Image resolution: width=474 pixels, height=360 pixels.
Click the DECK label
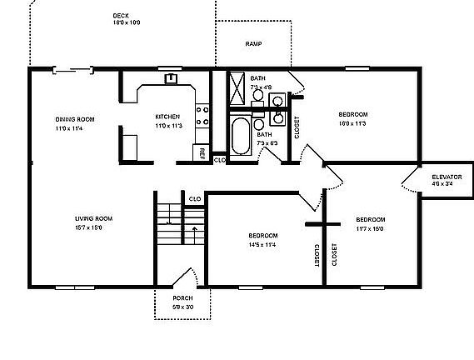(x=122, y=15)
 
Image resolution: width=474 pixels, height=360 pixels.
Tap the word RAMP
(x=253, y=43)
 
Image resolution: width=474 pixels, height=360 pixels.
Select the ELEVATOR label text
(x=447, y=177)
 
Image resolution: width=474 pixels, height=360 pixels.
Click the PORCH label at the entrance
(x=182, y=298)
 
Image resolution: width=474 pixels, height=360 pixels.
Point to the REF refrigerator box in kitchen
(x=202, y=152)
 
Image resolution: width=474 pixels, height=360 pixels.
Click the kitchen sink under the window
(x=170, y=79)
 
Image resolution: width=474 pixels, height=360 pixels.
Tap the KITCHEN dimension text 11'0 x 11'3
(x=167, y=125)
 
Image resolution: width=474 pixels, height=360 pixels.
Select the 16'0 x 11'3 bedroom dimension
(x=352, y=122)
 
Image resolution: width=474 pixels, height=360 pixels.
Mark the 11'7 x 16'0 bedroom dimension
(x=371, y=227)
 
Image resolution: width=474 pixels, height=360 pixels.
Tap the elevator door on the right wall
(x=412, y=180)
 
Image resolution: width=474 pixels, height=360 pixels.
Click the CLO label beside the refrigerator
(x=218, y=159)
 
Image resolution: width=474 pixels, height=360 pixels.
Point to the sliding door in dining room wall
(x=72, y=70)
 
